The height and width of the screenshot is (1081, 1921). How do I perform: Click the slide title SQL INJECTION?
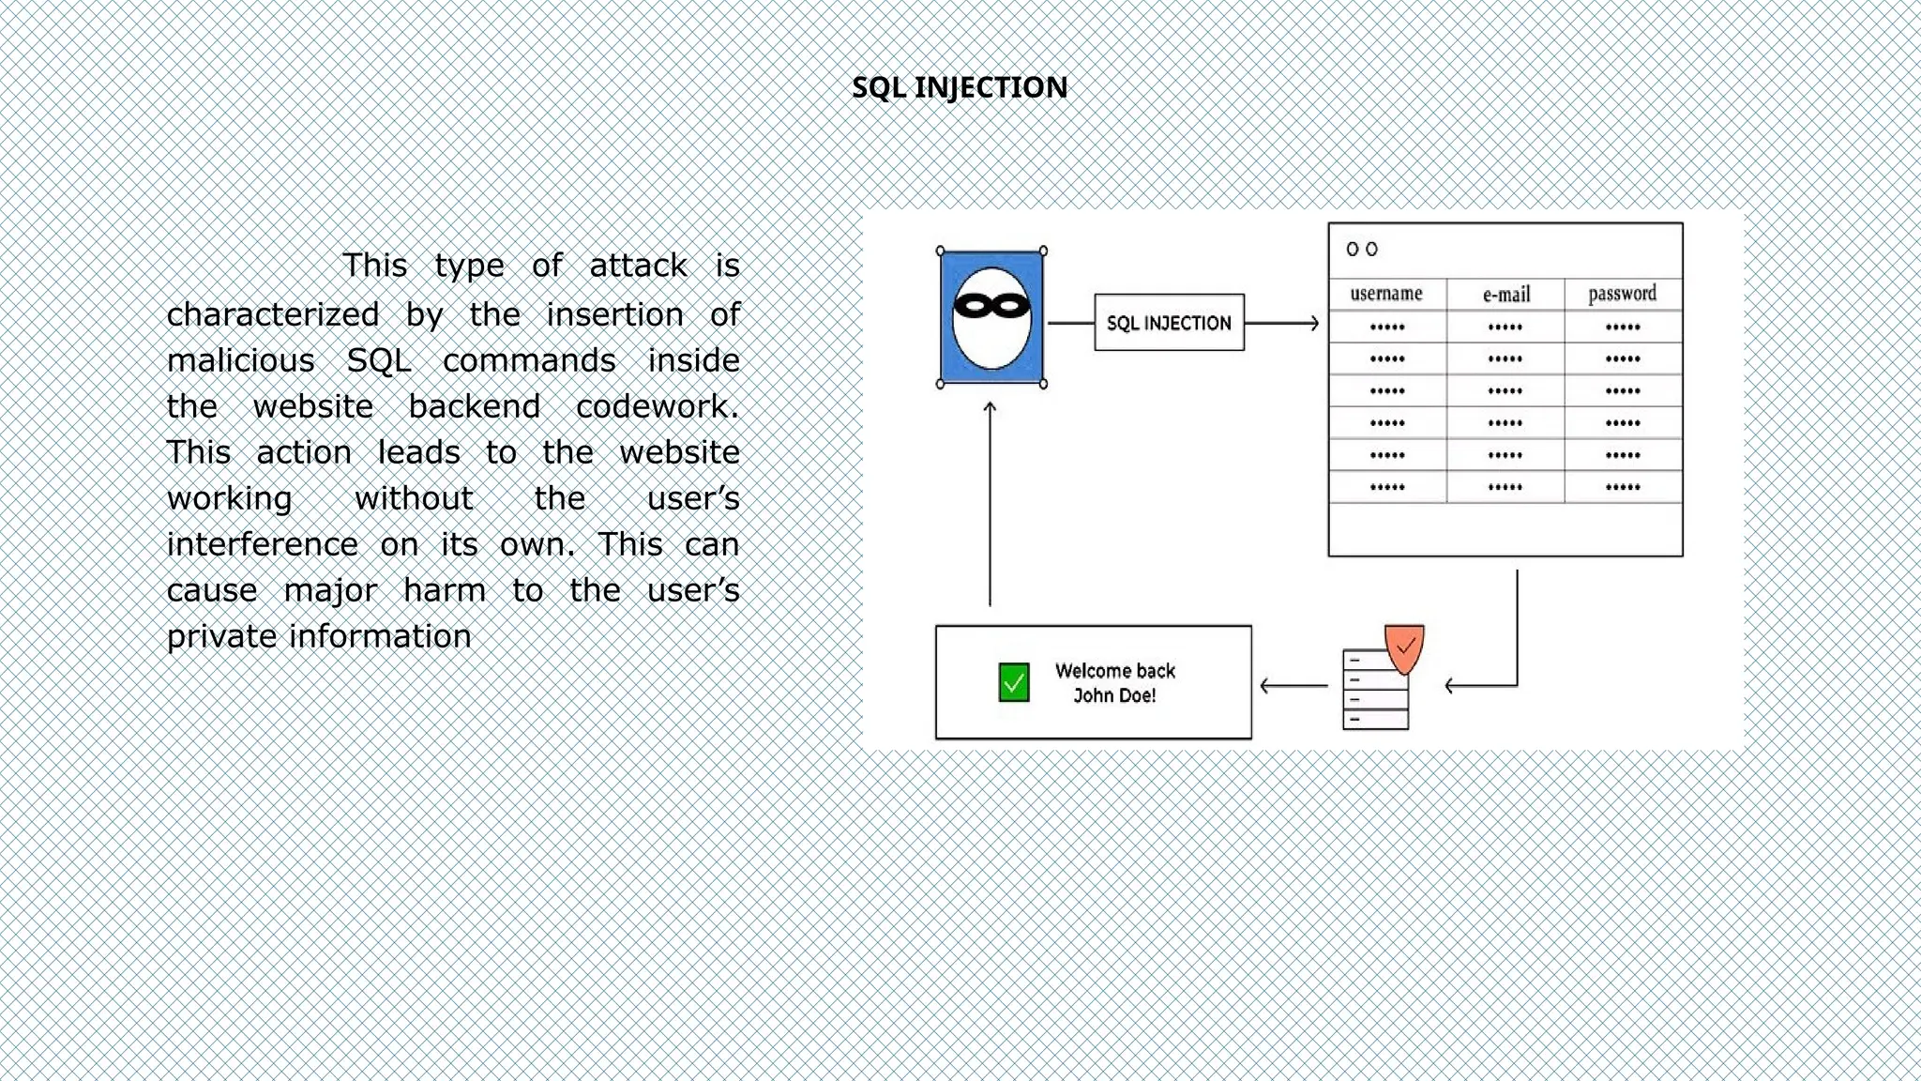[960, 87]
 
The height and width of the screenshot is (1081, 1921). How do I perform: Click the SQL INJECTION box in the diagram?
[1169, 323]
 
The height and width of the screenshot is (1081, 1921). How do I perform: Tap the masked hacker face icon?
[991, 317]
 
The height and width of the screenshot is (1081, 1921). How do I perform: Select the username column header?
[1386, 294]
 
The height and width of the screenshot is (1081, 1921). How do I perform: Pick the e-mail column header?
[1505, 295]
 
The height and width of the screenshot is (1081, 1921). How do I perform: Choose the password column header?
[1622, 294]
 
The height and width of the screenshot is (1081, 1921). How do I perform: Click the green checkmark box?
[1014, 682]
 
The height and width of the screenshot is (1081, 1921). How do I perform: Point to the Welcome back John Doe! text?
[1114, 682]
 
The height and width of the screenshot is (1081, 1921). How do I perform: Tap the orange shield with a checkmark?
[1404, 647]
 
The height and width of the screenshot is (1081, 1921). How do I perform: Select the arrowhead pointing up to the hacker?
[990, 408]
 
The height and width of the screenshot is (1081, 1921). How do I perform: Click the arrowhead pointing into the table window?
[1313, 323]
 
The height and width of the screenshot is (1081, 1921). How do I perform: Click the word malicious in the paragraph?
[241, 360]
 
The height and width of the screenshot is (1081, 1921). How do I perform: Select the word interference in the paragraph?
[263, 544]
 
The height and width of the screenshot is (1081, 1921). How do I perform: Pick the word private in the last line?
[222, 636]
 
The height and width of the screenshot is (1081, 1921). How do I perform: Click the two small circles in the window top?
[1362, 249]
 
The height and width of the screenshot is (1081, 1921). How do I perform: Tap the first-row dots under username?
[1387, 327]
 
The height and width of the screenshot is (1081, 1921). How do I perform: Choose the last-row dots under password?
[1623, 487]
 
